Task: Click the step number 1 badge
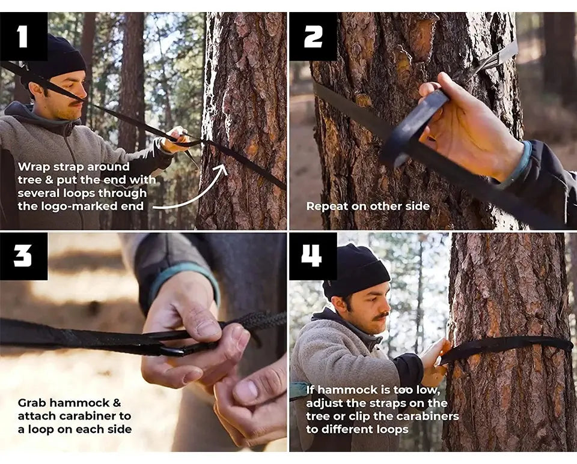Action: coord(23,37)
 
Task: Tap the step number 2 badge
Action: coord(313,37)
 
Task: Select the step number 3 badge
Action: coord(23,256)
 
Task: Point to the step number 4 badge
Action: coord(313,256)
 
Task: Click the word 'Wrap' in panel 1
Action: coord(34,167)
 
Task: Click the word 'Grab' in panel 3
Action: coord(32,403)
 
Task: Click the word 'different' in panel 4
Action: coord(349,429)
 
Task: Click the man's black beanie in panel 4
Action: coord(356,270)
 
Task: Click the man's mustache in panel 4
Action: coord(382,316)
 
